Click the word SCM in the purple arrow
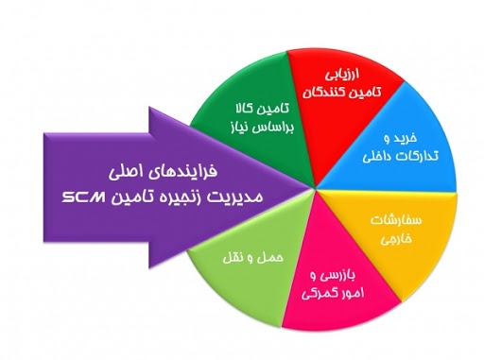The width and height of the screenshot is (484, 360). [83, 197]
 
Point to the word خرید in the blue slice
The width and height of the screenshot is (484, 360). [405, 138]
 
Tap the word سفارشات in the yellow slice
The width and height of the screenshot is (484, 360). [396, 220]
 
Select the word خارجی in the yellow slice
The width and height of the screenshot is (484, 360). [396, 238]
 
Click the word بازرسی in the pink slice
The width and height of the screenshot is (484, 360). [338, 276]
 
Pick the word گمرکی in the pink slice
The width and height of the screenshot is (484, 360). [315, 294]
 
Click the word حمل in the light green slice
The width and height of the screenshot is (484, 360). [273, 258]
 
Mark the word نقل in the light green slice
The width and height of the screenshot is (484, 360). [233, 258]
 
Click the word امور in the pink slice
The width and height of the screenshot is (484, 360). [349, 293]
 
